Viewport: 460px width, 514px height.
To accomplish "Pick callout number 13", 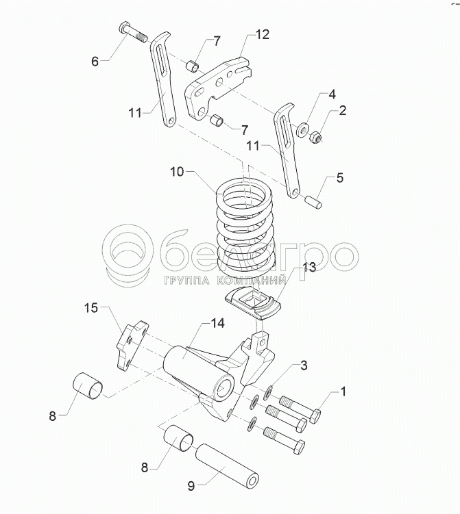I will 310,268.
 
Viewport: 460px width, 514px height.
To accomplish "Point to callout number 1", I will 344,392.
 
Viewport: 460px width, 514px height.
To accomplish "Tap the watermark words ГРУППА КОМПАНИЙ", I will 225,281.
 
